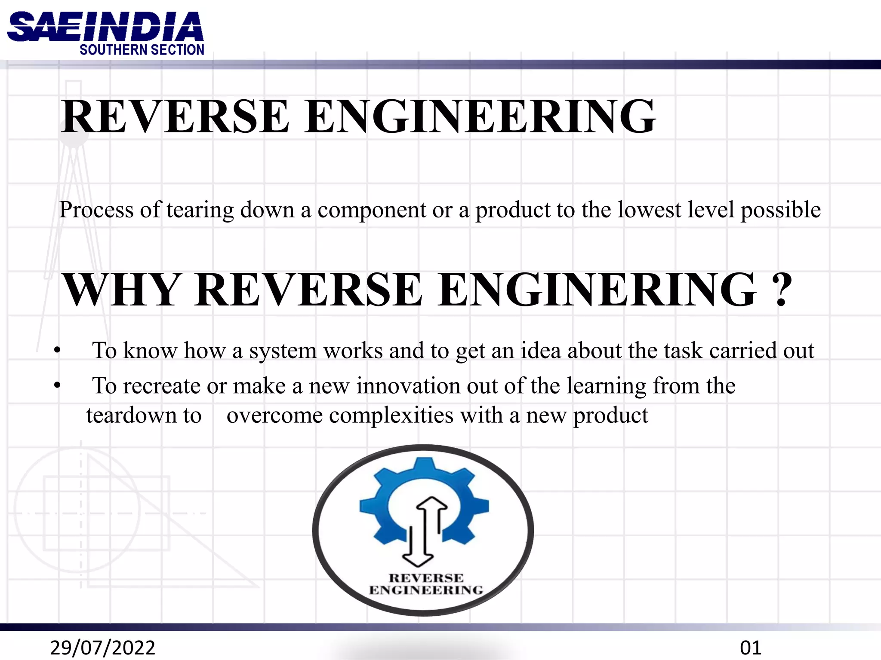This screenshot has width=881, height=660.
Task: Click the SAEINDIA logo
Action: tap(105, 27)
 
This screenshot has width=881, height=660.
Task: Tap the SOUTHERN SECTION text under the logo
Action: tap(142, 50)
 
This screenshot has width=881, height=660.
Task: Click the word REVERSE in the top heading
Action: tap(175, 116)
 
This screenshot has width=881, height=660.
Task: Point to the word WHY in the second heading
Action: tap(121, 290)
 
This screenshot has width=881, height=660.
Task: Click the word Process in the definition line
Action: tap(96, 210)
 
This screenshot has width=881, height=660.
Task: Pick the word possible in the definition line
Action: tap(780, 210)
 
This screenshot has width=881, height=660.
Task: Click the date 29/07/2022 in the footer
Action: tap(102, 648)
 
